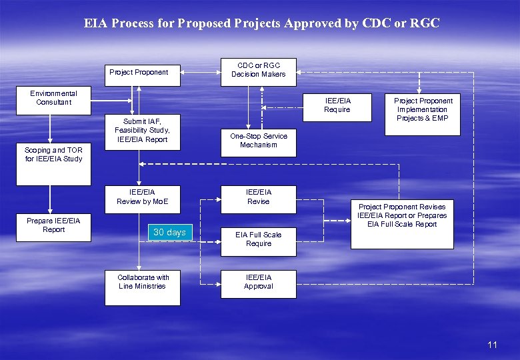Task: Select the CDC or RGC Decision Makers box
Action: [258, 70]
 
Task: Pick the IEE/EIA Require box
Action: [337, 105]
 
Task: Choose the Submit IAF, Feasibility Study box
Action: [141, 131]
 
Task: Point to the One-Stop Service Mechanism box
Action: [258, 141]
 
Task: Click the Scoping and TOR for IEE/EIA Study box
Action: [53, 155]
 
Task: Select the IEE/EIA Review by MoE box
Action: [142, 197]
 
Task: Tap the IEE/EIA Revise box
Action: [258, 197]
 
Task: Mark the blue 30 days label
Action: [169, 233]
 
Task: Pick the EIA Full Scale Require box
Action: [258, 239]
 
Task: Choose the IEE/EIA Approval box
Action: [258, 282]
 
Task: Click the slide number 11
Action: [492, 345]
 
